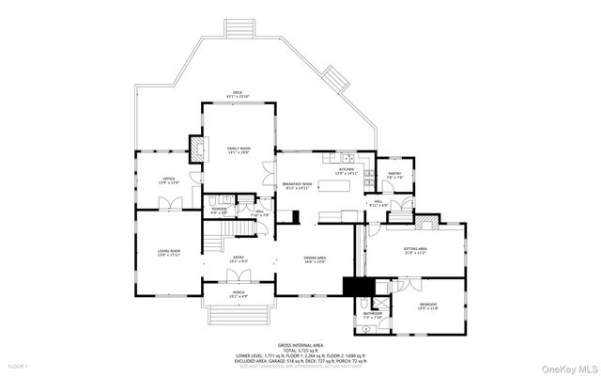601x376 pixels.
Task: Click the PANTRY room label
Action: coord(394,174)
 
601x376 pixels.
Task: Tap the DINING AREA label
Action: coord(315,258)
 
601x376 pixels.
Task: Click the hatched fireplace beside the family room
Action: coord(197,149)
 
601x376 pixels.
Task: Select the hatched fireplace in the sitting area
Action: coord(427,224)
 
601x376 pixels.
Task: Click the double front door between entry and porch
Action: coord(239,274)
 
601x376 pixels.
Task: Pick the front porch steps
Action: coord(239,313)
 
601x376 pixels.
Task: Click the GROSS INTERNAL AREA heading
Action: coord(300,346)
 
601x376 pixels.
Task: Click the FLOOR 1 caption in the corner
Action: coord(18,365)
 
